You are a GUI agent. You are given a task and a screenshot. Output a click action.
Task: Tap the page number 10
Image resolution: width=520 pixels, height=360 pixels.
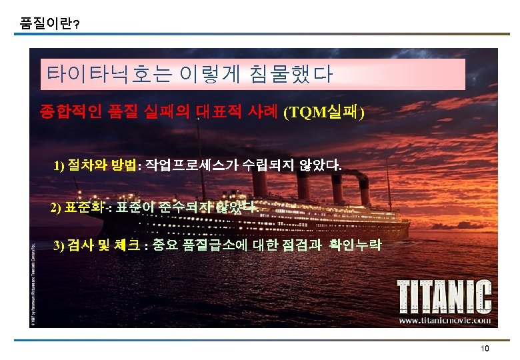click(x=485, y=349)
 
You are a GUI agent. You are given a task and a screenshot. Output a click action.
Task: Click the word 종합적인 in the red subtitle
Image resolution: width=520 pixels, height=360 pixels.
click(x=70, y=111)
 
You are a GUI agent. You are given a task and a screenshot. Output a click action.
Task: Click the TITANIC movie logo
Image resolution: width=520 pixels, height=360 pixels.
click(x=445, y=296)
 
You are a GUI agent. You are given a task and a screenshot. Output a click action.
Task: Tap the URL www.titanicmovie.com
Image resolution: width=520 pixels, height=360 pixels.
click(x=445, y=320)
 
